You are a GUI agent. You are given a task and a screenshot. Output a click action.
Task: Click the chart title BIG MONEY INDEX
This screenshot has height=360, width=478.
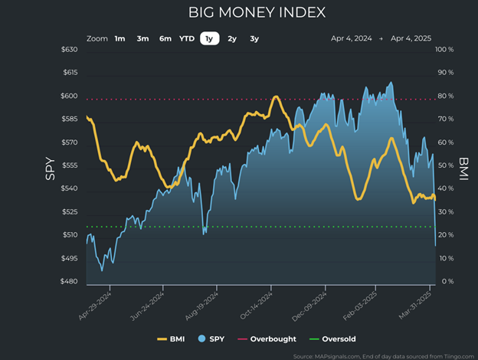[x=257, y=13]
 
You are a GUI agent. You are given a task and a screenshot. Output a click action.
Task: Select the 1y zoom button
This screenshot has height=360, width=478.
[x=208, y=38]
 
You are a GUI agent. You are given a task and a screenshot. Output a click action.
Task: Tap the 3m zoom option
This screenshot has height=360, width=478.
[x=142, y=38]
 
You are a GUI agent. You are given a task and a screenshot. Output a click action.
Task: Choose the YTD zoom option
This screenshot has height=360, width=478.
[x=187, y=38]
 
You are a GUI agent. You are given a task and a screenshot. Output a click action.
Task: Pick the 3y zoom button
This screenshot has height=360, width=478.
[x=254, y=38]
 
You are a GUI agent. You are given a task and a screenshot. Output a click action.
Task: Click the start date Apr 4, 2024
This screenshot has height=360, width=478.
[x=351, y=38]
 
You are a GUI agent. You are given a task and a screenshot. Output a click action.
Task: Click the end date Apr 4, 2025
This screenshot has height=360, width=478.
[x=411, y=38]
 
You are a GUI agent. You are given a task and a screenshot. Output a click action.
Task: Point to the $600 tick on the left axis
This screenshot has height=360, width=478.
[x=69, y=96]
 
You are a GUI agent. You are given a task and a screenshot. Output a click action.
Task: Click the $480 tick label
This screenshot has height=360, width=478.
[x=69, y=281]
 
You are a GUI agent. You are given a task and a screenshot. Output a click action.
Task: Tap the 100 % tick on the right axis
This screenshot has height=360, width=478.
[x=444, y=50]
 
